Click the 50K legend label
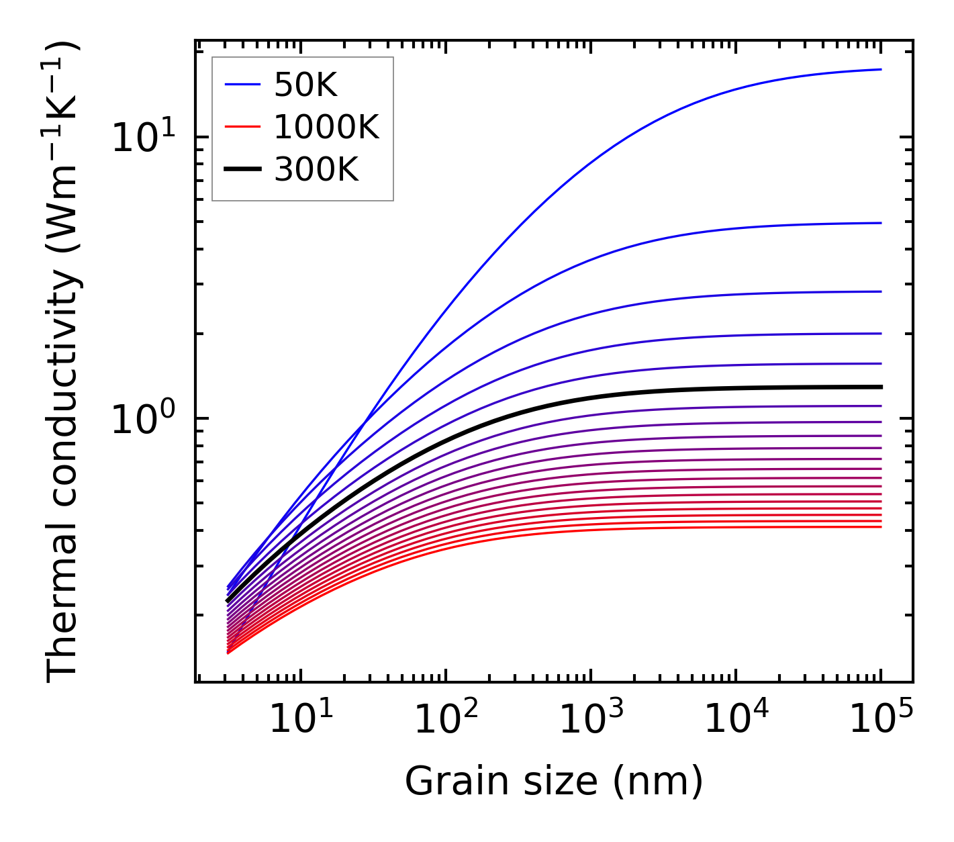[x=305, y=85]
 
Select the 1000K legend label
[x=326, y=127]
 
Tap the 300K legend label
[x=316, y=170]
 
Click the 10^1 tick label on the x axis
[x=301, y=720]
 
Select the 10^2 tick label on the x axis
[x=446, y=720]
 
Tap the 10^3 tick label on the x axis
[x=591, y=720]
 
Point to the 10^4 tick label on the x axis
[x=736, y=720]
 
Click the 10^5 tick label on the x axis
[x=881, y=720]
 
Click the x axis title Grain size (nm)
[x=554, y=782]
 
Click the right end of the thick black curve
[x=880, y=387]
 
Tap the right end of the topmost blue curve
[x=880, y=69]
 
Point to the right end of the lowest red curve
[x=880, y=526]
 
